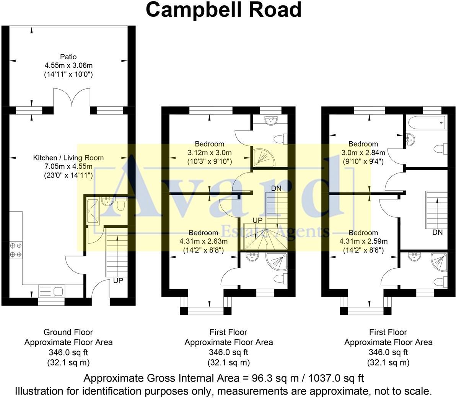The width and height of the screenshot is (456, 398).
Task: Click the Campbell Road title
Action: [x=224, y=10]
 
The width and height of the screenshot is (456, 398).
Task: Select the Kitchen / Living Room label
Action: [x=68, y=158]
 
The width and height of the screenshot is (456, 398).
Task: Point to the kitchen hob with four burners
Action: [x=16, y=250]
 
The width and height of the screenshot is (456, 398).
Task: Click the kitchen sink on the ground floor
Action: [x=51, y=291]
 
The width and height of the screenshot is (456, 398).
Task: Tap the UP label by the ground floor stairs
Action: [x=118, y=281]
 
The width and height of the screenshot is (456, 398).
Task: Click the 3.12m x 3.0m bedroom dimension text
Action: [x=210, y=153]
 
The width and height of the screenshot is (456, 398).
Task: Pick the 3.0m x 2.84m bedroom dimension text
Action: [x=363, y=153]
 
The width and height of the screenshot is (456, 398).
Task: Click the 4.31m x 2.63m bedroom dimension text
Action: [x=204, y=241]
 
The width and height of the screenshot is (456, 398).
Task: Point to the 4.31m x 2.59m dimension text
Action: [x=363, y=241]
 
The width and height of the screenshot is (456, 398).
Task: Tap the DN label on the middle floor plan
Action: [x=276, y=188]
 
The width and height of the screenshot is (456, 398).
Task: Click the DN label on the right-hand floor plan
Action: [x=438, y=232]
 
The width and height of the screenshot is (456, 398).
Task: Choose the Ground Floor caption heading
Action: [x=68, y=332]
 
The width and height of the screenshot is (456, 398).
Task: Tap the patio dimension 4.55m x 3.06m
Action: [x=68, y=65]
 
